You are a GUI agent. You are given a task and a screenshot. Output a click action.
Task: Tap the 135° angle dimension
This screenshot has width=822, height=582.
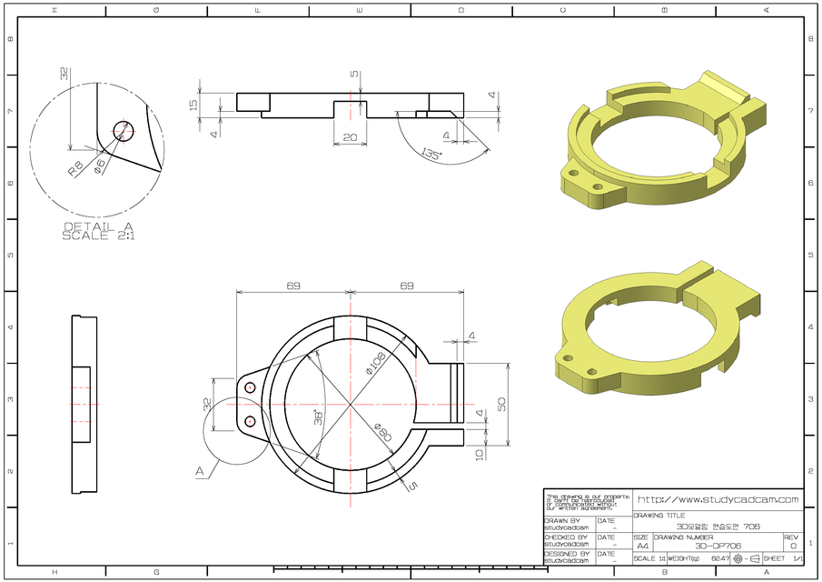(x=431, y=155)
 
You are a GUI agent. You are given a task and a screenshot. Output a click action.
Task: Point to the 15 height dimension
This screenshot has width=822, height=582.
(x=193, y=104)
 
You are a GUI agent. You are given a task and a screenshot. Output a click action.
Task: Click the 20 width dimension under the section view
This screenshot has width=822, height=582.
(x=350, y=138)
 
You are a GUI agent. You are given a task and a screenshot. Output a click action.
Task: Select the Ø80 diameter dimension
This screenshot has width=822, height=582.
(x=382, y=433)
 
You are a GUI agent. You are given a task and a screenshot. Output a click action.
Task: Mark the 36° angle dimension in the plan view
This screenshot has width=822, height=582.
(x=319, y=416)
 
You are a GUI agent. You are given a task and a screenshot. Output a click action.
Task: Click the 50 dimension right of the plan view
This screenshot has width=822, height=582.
(x=500, y=402)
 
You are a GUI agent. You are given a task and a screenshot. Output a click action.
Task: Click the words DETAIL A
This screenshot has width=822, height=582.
(x=97, y=226)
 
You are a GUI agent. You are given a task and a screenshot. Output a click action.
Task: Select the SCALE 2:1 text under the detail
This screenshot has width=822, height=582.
(x=97, y=236)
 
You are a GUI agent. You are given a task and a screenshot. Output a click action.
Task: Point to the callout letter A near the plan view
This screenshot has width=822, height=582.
(x=199, y=471)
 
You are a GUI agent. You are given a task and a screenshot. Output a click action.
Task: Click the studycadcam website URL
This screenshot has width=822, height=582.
(x=718, y=499)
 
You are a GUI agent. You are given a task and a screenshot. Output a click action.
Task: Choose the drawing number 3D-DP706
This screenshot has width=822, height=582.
(x=718, y=546)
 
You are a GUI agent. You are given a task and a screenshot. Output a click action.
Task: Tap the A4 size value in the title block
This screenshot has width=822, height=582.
(x=642, y=546)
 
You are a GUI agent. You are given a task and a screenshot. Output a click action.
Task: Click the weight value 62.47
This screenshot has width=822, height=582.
(x=720, y=558)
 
